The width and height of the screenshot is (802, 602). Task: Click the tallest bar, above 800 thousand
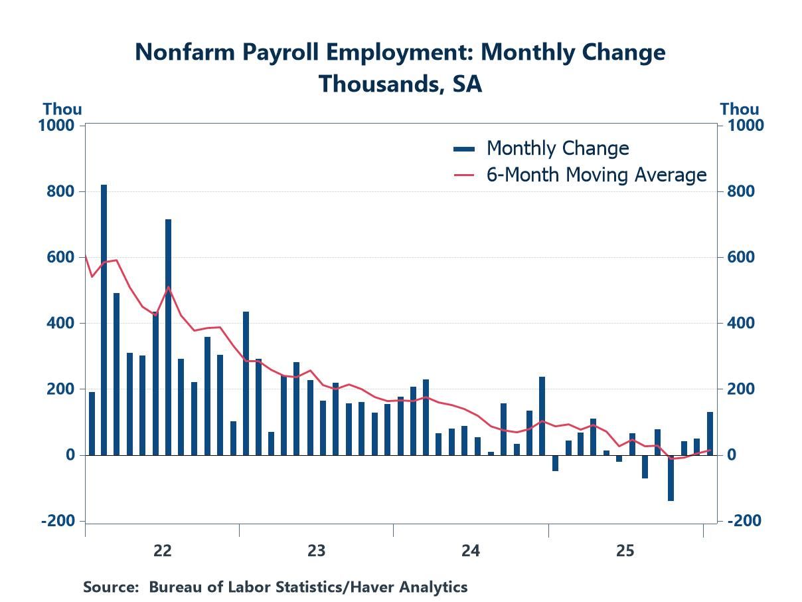[104, 320]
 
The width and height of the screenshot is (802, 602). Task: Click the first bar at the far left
[92, 423]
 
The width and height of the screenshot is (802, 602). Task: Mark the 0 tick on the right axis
[732, 455]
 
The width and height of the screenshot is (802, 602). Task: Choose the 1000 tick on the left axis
[60, 126]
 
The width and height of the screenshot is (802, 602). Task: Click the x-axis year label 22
[162, 550]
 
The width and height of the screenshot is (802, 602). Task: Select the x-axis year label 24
[471, 550]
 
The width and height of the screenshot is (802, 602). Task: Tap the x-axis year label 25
[625, 550]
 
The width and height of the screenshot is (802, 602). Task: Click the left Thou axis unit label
[62, 109]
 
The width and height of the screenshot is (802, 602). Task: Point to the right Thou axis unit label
[740, 109]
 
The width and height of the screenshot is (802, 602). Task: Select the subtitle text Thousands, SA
[400, 84]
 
